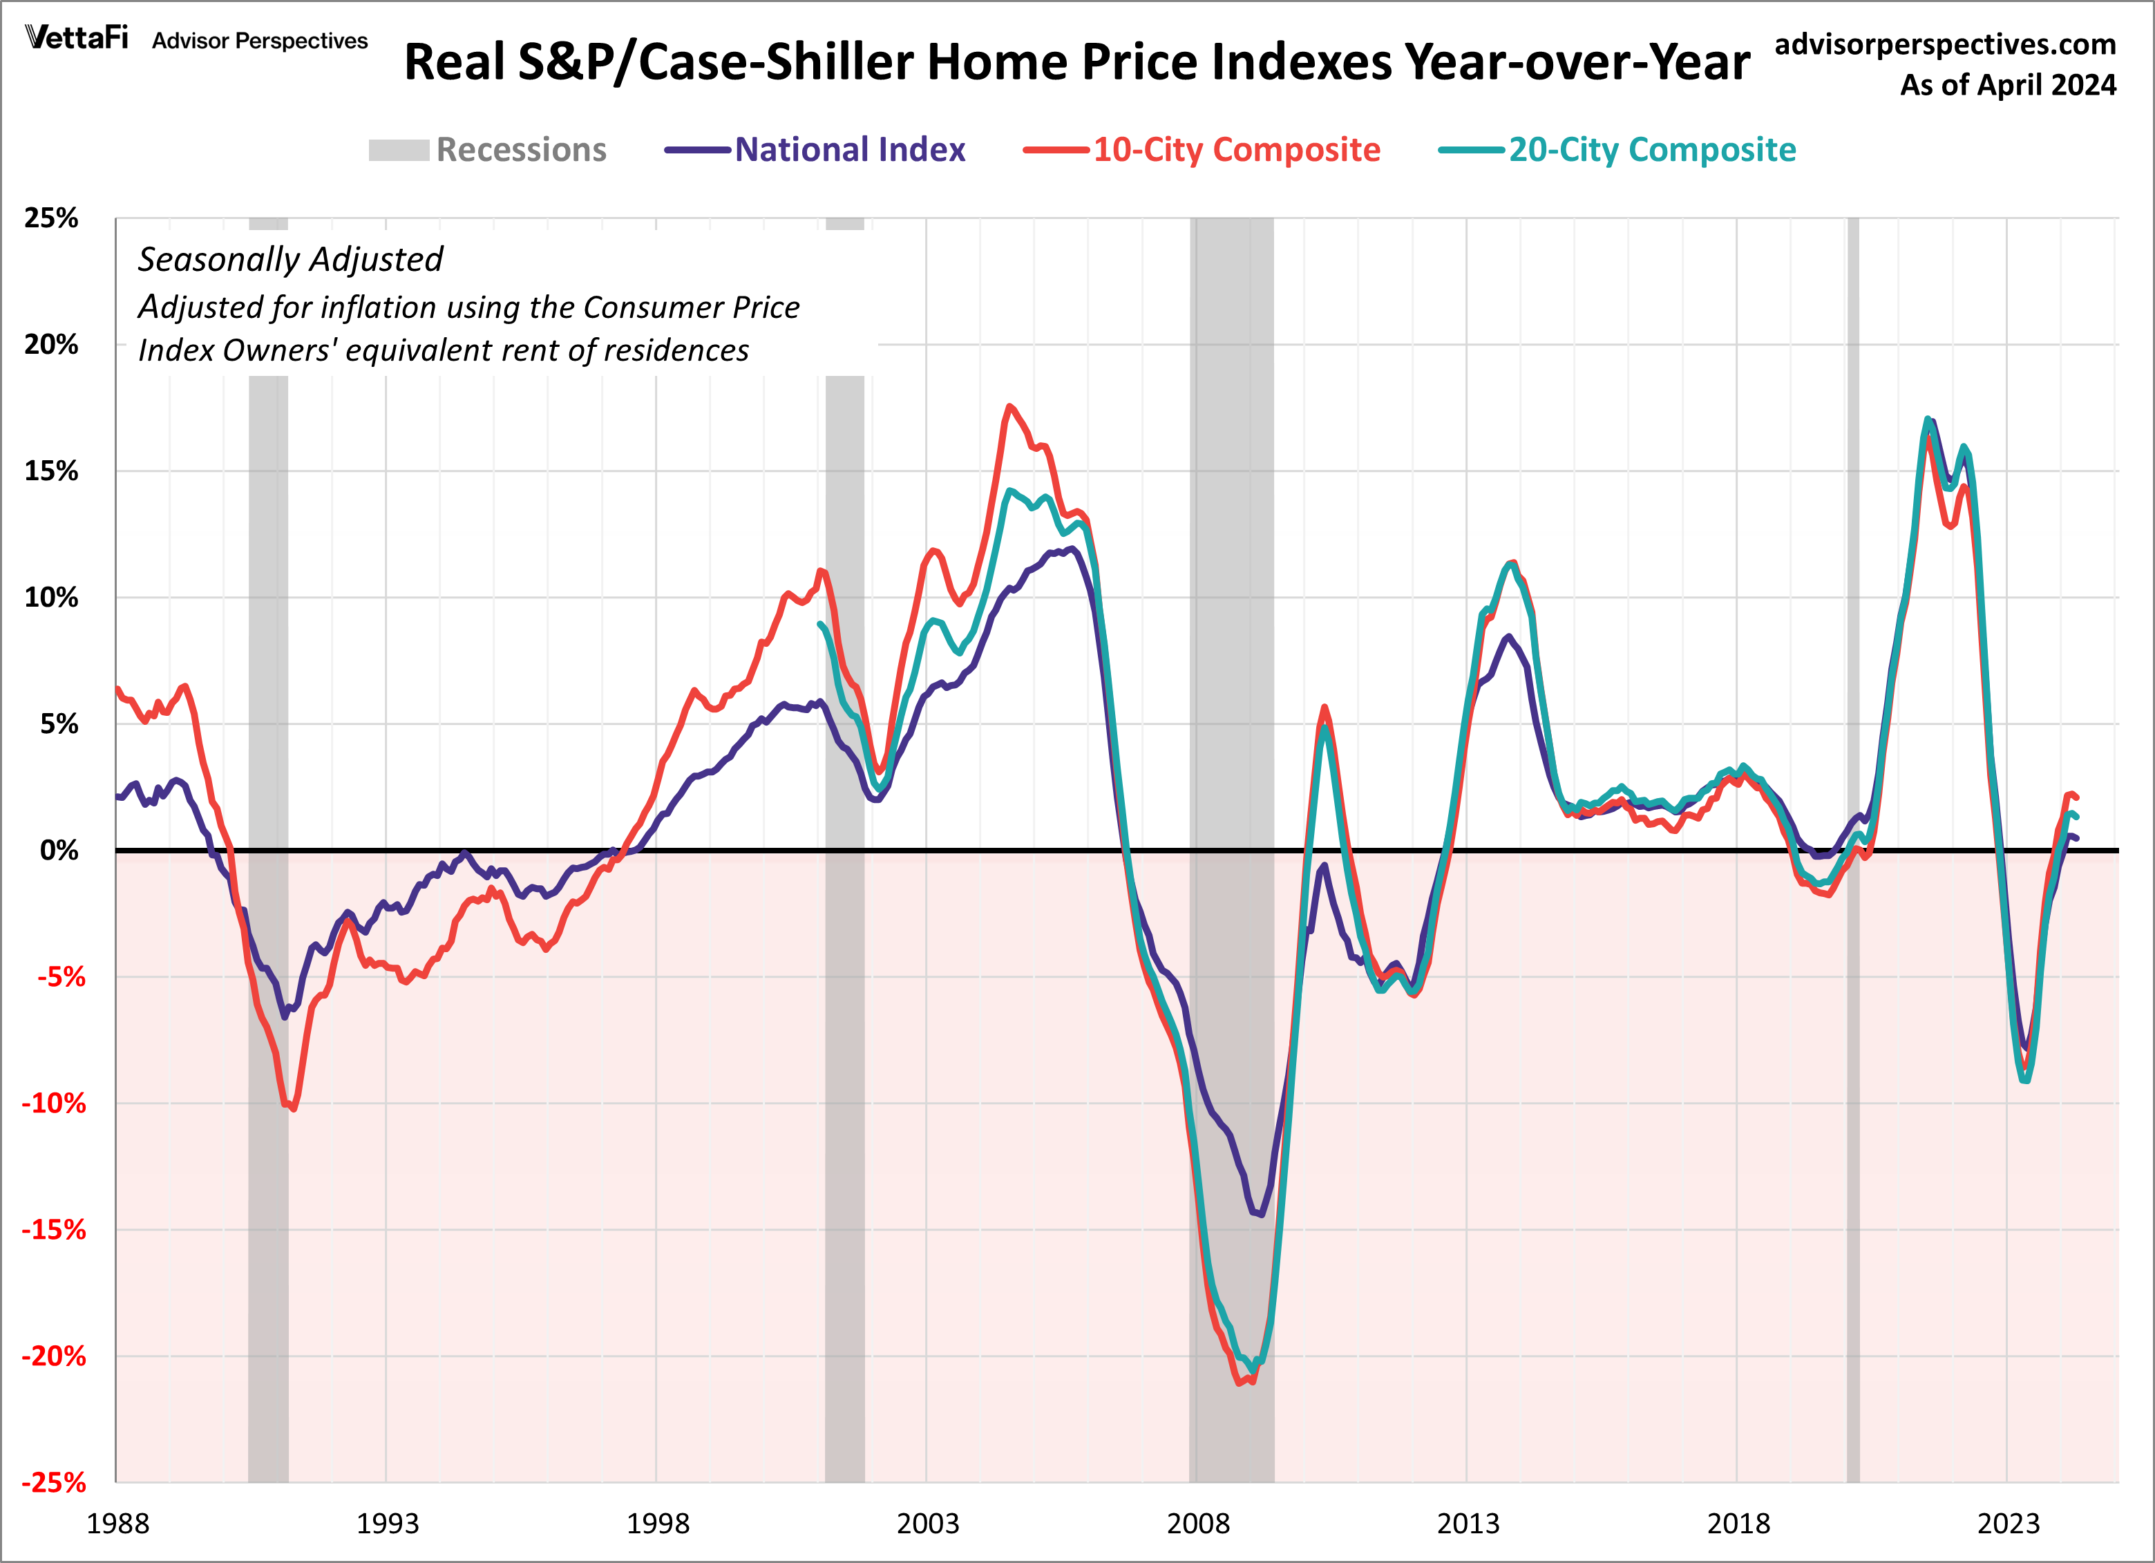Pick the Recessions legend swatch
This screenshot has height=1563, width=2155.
(399, 150)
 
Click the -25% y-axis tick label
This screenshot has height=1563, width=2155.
(54, 1482)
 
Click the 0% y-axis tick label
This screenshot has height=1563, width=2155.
(59, 851)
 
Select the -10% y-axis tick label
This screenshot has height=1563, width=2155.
(54, 1103)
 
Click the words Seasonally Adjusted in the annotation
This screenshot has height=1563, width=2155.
(289, 259)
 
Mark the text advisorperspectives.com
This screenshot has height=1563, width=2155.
(1944, 45)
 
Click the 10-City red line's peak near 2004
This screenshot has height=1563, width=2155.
(1009, 407)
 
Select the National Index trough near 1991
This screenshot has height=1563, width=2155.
(284, 1016)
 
